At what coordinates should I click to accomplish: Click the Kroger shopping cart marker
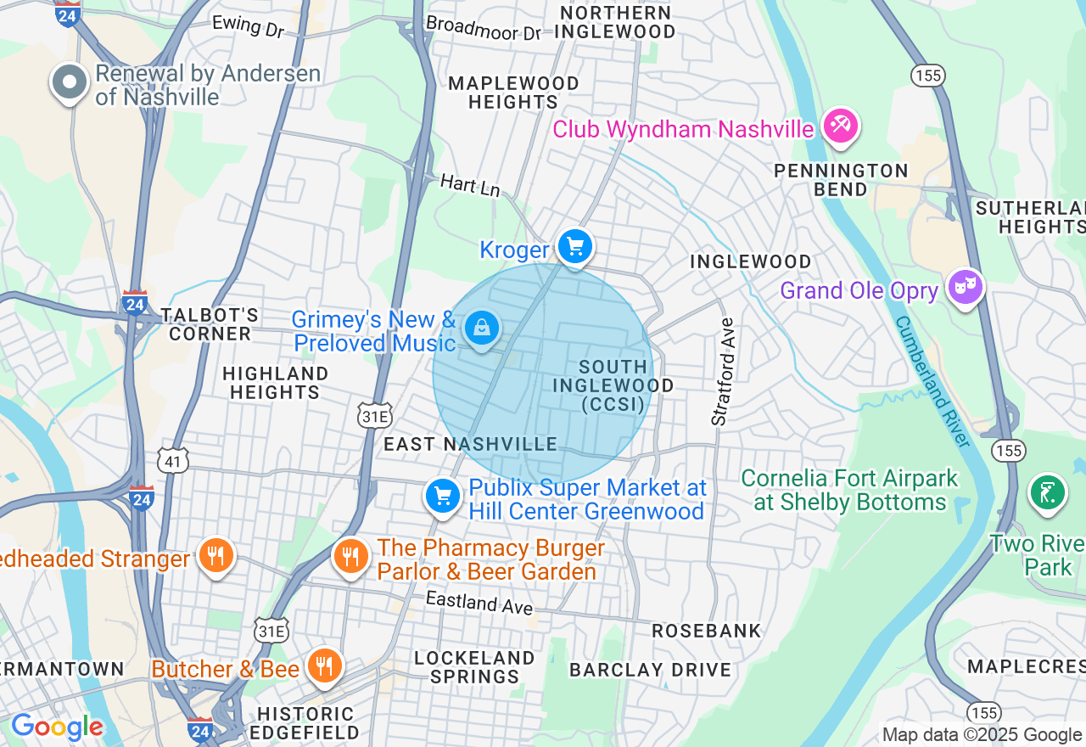pos(575,247)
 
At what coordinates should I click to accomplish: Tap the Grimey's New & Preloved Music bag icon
pos(482,327)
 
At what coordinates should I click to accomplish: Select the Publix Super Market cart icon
pos(443,496)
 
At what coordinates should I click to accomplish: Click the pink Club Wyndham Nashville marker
pos(840,126)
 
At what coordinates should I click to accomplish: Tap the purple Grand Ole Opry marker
pos(965,287)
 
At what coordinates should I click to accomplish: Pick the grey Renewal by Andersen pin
pos(70,83)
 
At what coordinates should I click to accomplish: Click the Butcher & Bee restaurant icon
pos(323,666)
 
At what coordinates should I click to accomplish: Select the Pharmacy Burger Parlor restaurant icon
pos(350,557)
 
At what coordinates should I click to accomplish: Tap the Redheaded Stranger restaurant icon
pos(216,556)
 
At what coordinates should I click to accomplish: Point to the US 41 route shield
pos(173,461)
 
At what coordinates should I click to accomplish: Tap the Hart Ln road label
pos(469,185)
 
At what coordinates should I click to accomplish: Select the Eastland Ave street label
pos(479,603)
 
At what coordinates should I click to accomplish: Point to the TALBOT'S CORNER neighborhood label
pos(210,324)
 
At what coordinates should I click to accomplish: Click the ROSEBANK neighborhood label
pos(706,631)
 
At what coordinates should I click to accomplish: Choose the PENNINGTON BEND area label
pos(841,180)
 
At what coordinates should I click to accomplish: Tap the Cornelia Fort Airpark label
pos(849,490)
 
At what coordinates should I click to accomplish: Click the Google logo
pos(57,727)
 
